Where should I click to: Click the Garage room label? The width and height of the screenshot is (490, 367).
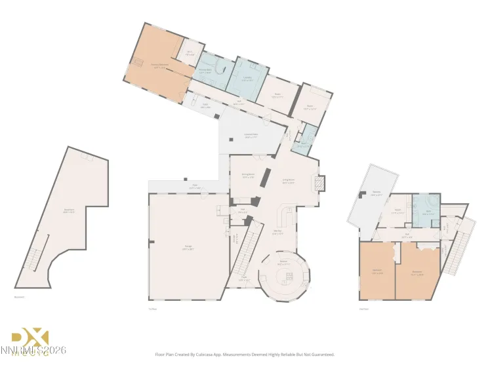[188, 247]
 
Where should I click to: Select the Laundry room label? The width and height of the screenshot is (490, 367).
[248, 79]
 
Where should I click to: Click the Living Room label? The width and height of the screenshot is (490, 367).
[287, 182]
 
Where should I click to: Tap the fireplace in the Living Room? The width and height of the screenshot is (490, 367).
[319, 183]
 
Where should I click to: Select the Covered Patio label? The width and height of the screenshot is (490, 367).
[251, 136]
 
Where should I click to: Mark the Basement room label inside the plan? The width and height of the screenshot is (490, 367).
[68, 211]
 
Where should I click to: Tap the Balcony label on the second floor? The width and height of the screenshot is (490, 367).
[377, 193]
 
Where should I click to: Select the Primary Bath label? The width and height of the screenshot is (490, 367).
[205, 71]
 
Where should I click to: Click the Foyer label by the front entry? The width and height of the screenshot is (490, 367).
[244, 279]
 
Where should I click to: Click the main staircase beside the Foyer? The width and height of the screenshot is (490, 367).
[245, 249]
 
